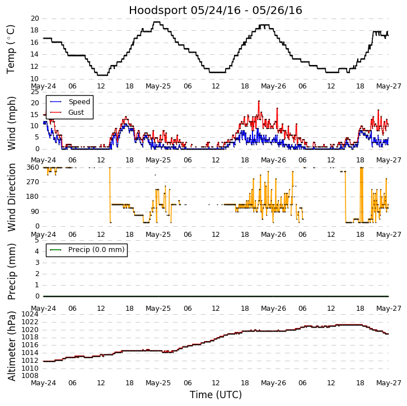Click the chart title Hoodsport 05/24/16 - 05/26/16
point(216,11)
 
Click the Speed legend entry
point(78,102)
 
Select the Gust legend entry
point(76,113)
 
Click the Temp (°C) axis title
point(11,49)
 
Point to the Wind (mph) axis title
point(11,123)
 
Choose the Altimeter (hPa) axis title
point(11,346)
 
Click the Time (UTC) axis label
point(216,395)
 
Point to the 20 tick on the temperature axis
point(34,18)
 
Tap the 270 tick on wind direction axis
point(32,182)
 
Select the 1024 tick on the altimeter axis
point(30,314)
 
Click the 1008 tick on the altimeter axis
point(30,376)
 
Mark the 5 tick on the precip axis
point(36,240)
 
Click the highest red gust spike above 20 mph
point(259,101)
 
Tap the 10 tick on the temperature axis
point(34,79)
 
